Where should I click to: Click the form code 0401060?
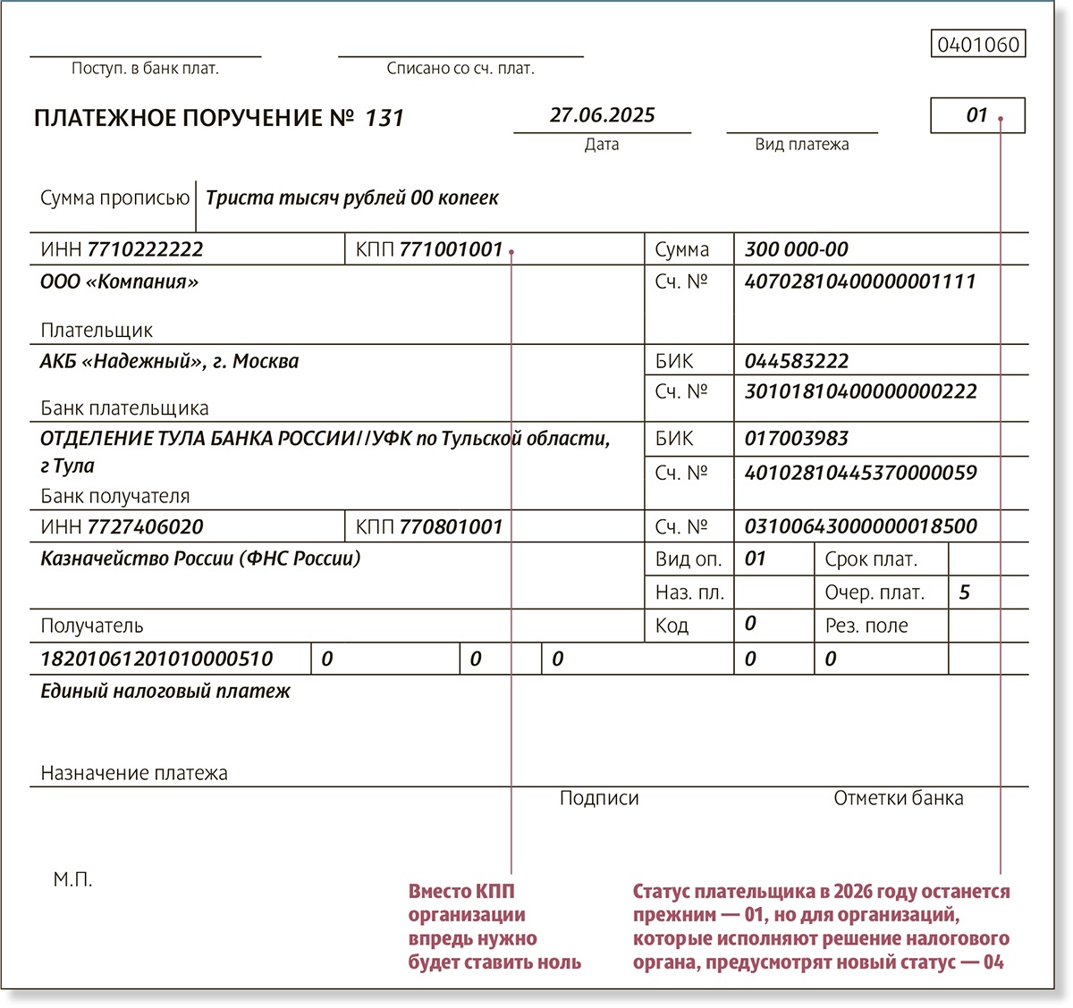tap(978, 44)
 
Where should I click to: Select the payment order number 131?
tap(384, 118)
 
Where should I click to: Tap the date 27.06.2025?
tap(602, 115)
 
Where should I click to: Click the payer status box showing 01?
tap(976, 115)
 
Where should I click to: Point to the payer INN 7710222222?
tap(145, 249)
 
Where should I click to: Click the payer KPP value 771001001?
tap(451, 249)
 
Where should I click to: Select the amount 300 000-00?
tap(796, 249)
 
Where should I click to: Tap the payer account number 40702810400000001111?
tap(859, 281)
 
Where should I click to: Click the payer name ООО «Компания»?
tap(119, 281)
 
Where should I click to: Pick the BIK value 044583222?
tap(796, 361)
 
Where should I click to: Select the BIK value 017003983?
tap(796, 439)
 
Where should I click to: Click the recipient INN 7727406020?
tap(145, 527)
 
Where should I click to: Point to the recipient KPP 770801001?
tap(451, 527)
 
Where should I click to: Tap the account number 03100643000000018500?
tap(860, 526)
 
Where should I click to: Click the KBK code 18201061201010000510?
tap(156, 659)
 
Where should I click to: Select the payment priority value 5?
tap(964, 592)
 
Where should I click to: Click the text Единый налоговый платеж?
tap(165, 691)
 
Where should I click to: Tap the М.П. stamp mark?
tap(72, 880)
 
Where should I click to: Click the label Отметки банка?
tap(898, 798)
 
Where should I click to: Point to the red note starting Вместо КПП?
tap(494, 927)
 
